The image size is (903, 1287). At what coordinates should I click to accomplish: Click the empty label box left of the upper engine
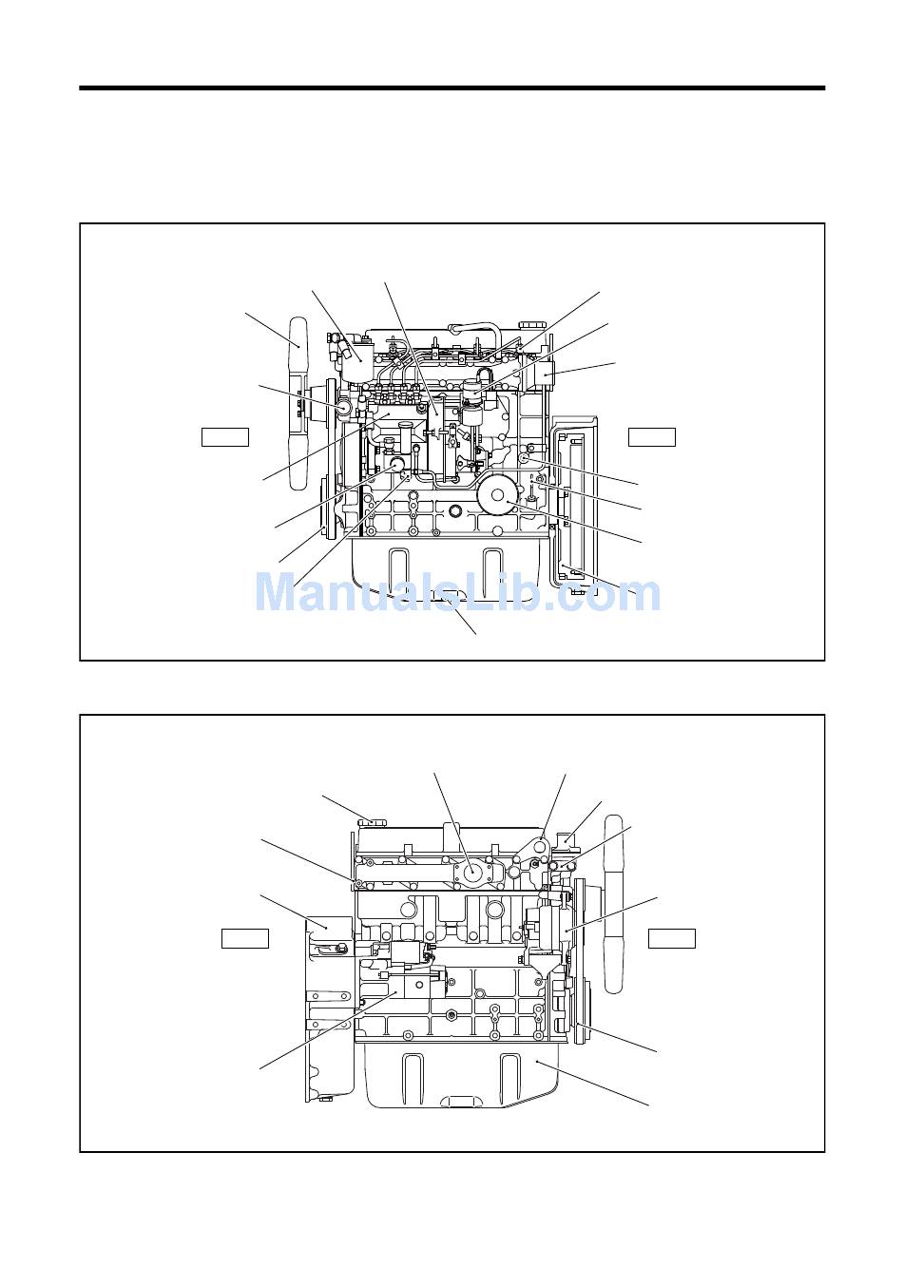pyautogui.click(x=224, y=436)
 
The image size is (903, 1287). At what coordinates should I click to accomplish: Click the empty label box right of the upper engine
pyautogui.click(x=651, y=436)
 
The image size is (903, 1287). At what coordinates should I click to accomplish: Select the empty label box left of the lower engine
pyautogui.click(x=245, y=938)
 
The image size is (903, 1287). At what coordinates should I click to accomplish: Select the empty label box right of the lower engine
pyautogui.click(x=671, y=938)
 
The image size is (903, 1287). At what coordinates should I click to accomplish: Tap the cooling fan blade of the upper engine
pyautogui.click(x=298, y=403)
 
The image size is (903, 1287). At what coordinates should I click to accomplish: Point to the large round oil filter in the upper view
pyautogui.click(x=497, y=494)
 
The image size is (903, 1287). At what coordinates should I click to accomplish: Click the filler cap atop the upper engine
pyautogui.click(x=527, y=325)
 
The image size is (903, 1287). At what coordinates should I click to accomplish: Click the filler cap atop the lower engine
pyautogui.click(x=373, y=824)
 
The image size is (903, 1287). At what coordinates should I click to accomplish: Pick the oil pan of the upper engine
pyautogui.click(x=446, y=568)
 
